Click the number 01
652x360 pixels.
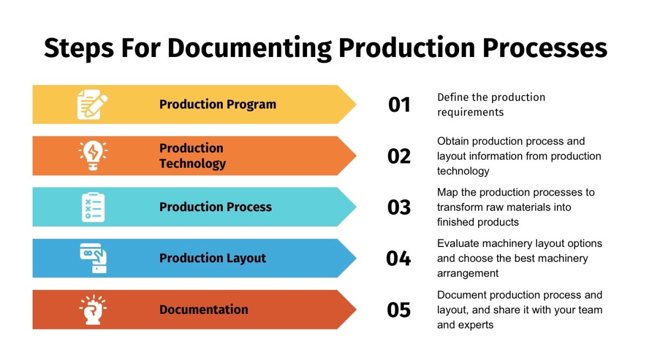pyautogui.click(x=399, y=104)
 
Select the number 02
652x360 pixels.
pyautogui.click(x=399, y=156)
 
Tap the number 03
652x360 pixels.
pyautogui.click(x=399, y=207)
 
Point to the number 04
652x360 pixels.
pyautogui.click(x=399, y=258)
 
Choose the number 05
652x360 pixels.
pyautogui.click(x=399, y=310)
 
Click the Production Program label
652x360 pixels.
pyautogui.click(x=217, y=104)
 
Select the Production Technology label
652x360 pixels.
pyautogui.click(x=192, y=156)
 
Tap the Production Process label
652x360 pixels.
pyautogui.click(x=215, y=207)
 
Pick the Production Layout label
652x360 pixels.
pyautogui.click(x=212, y=258)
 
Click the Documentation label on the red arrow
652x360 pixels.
pyautogui.click(x=204, y=310)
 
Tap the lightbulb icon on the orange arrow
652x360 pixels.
pyautogui.click(x=93, y=156)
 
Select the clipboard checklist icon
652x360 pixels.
pyautogui.click(x=93, y=207)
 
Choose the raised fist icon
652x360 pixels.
pyautogui.click(x=93, y=310)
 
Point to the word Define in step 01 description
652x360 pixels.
pyautogui.click(x=451, y=97)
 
